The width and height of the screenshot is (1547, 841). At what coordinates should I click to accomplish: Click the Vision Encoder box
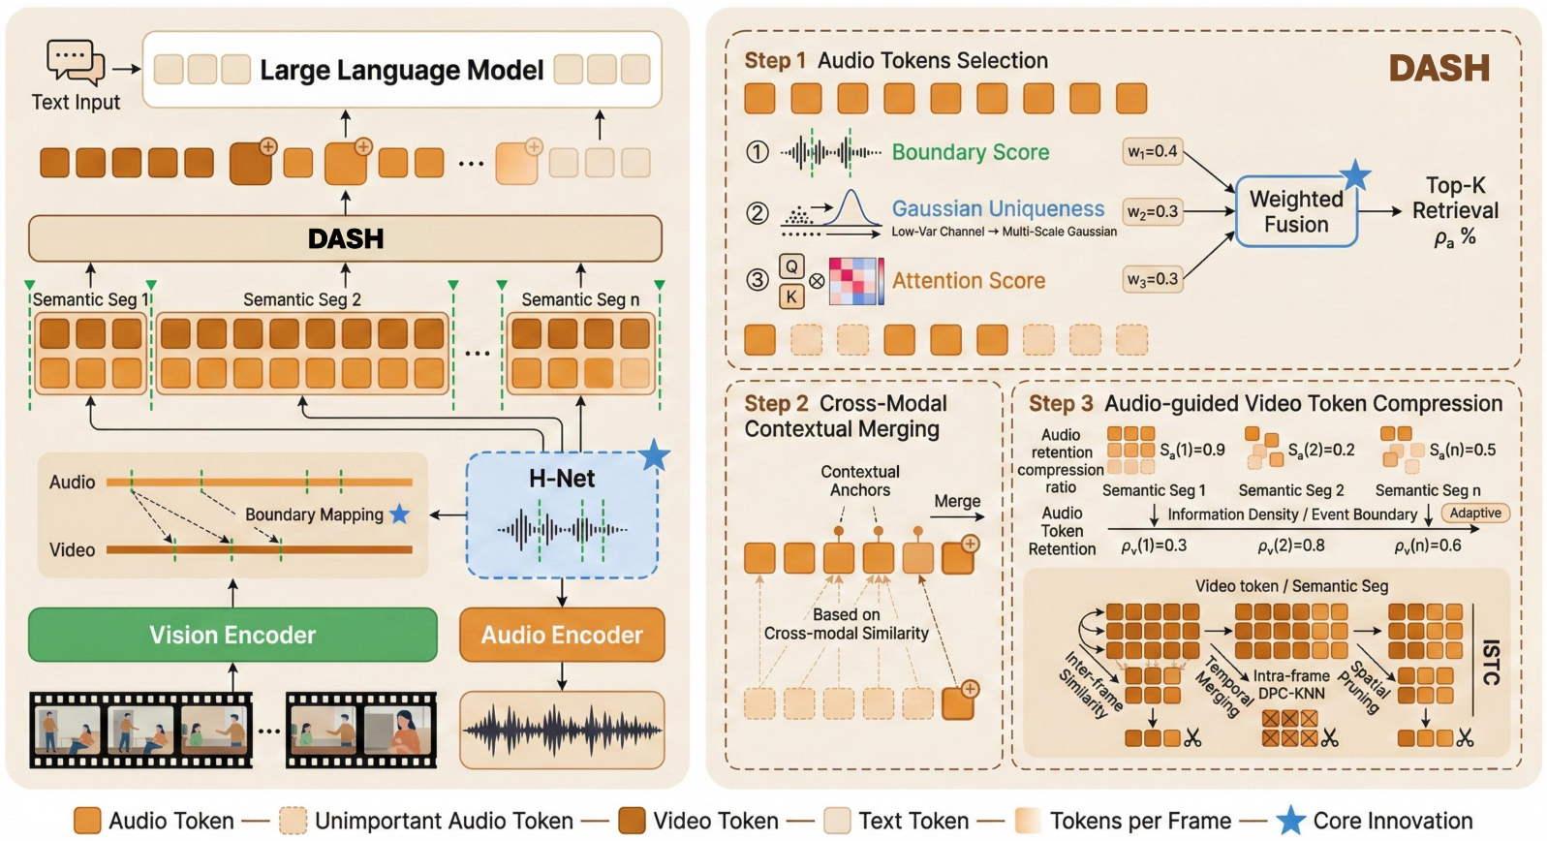click(x=232, y=635)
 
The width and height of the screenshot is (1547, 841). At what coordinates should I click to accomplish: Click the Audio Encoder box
click(x=562, y=635)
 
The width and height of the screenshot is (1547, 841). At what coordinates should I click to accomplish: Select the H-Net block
click(x=562, y=514)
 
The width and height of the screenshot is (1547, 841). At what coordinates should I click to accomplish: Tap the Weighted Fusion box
click(x=1296, y=211)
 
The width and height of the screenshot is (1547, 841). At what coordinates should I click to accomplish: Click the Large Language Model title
click(x=402, y=70)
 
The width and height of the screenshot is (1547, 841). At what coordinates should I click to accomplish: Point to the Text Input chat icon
click(x=76, y=62)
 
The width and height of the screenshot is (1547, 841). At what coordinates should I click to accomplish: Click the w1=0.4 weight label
click(x=1153, y=151)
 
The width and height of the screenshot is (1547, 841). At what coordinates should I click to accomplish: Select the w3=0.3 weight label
click(x=1153, y=279)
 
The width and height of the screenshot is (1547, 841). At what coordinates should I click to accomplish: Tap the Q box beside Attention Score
click(x=791, y=266)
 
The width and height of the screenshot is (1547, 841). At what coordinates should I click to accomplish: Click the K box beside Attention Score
click(x=791, y=296)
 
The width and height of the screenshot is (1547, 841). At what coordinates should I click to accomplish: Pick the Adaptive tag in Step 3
click(x=1475, y=513)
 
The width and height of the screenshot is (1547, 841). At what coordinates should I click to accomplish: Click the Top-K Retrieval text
click(x=1455, y=198)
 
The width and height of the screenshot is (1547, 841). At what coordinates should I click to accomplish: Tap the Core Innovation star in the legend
click(x=1290, y=821)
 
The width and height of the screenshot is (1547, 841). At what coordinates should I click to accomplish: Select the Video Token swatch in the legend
click(x=632, y=821)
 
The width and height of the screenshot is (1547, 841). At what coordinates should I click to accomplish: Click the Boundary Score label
click(x=971, y=152)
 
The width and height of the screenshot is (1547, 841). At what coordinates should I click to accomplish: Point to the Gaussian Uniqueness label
click(x=998, y=208)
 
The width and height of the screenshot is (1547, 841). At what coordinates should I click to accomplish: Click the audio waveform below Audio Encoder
click(x=562, y=730)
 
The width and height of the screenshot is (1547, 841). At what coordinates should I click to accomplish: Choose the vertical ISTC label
click(x=1491, y=662)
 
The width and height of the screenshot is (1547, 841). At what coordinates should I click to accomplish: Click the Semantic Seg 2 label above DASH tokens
click(x=302, y=299)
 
